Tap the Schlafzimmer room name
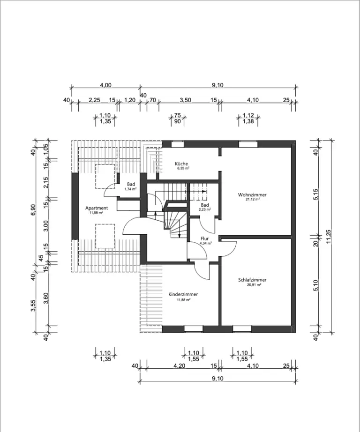(x=252, y=280)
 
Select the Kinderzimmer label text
(x=183, y=294)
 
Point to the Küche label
(x=182, y=164)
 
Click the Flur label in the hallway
(x=205, y=238)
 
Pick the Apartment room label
(x=97, y=208)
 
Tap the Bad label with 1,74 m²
(x=131, y=184)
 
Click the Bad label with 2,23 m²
(x=205, y=205)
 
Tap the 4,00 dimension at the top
(x=106, y=85)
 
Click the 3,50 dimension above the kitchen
(x=185, y=100)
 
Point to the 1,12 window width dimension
(x=248, y=115)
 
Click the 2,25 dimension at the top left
(x=94, y=100)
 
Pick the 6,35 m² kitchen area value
(x=182, y=168)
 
